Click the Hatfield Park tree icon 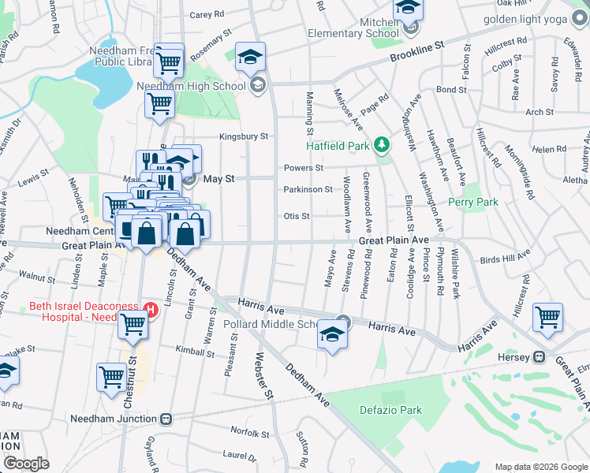coord(383,144)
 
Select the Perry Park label coord(473,203)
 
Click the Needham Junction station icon coord(166,419)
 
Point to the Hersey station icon coord(540,356)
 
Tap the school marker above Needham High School coord(251,58)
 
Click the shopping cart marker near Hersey coord(547,318)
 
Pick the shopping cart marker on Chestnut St coord(112,377)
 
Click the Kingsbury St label coord(244,136)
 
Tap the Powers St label coord(304,168)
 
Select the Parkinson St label coord(308,189)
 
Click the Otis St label coord(296,216)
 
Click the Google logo coord(26,464)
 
